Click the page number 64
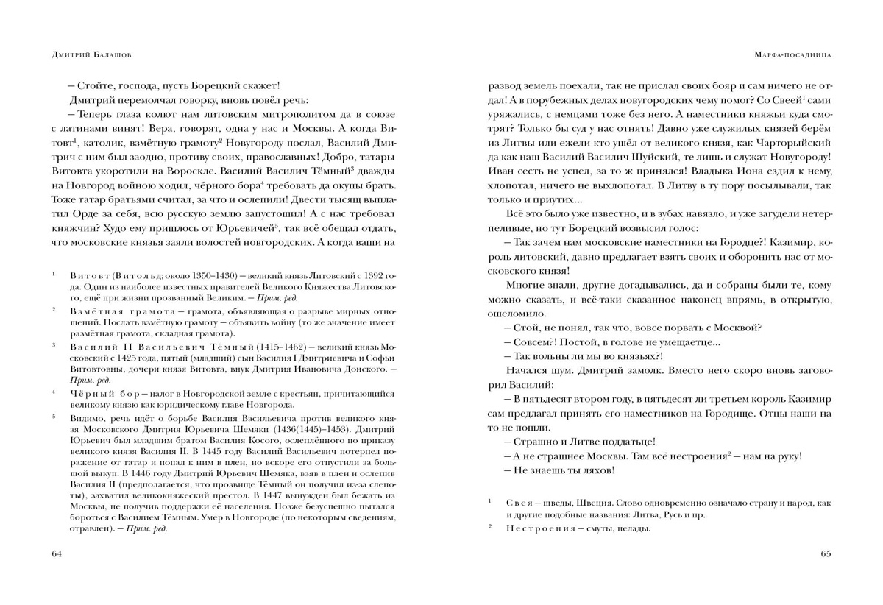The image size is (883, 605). click(57, 553)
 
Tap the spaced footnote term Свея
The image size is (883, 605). click(521, 503)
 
